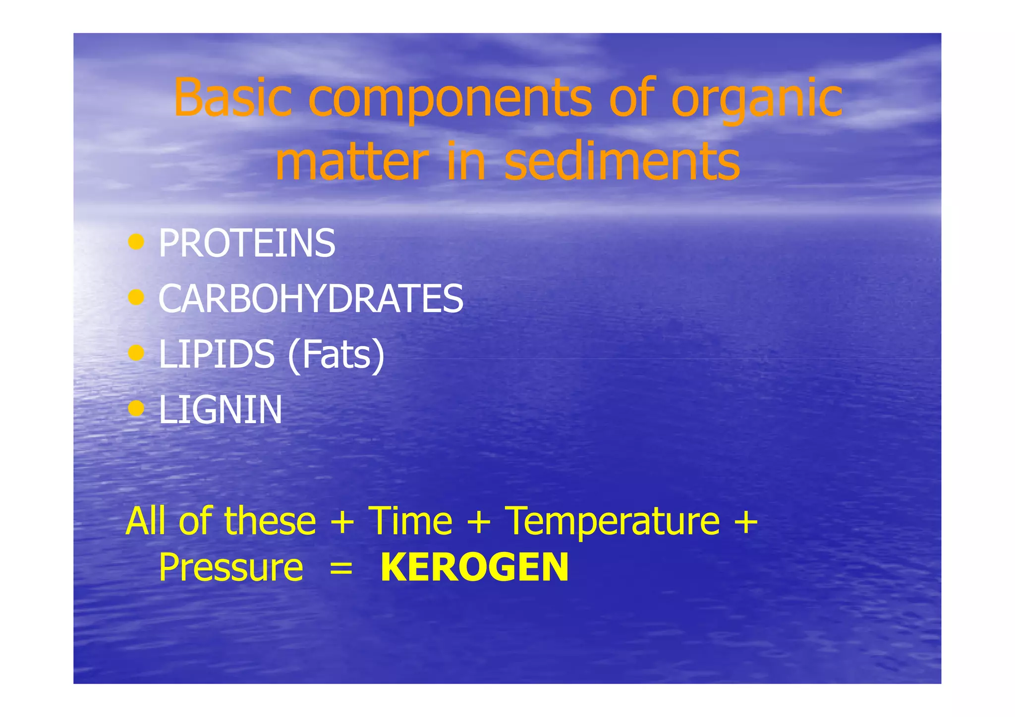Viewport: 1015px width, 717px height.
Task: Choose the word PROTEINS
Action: (x=247, y=243)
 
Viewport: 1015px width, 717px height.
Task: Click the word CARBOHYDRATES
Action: (x=311, y=299)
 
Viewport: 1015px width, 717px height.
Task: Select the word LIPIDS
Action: (x=217, y=354)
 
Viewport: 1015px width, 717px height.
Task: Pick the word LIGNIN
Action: (x=221, y=410)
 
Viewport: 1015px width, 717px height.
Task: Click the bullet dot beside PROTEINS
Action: (x=136, y=242)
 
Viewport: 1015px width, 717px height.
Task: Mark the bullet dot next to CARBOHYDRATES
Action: (x=136, y=297)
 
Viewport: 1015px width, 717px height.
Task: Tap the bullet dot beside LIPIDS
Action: (x=136, y=353)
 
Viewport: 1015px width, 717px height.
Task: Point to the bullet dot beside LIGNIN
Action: (x=136, y=409)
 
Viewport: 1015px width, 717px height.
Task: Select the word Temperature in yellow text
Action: (x=612, y=522)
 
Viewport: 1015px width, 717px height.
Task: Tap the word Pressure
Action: (x=231, y=568)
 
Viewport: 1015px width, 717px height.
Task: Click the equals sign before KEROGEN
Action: (x=341, y=569)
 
